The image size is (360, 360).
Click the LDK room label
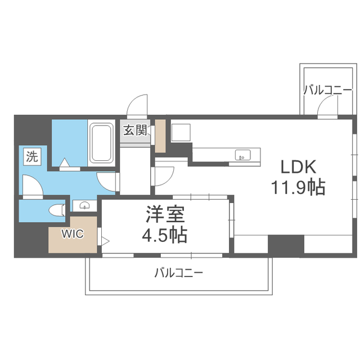click(298, 167)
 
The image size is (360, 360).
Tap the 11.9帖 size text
click(298, 187)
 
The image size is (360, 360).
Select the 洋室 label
click(165, 214)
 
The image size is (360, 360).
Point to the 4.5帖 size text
click(164, 235)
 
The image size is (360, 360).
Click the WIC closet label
click(73, 234)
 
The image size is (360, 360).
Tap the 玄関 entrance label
click(135, 130)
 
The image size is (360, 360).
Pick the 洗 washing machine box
click(32, 156)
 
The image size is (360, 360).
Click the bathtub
click(102, 142)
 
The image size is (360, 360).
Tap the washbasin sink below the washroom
click(85, 205)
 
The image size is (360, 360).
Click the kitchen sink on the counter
click(242, 155)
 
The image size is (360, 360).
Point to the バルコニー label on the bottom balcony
click(179, 273)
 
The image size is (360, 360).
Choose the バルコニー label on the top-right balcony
click(327, 90)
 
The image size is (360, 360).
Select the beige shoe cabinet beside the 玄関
click(160, 136)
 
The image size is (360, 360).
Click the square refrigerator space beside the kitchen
click(181, 133)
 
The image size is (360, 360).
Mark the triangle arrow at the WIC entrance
click(106, 241)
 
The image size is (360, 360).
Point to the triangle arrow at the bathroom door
click(65, 163)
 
